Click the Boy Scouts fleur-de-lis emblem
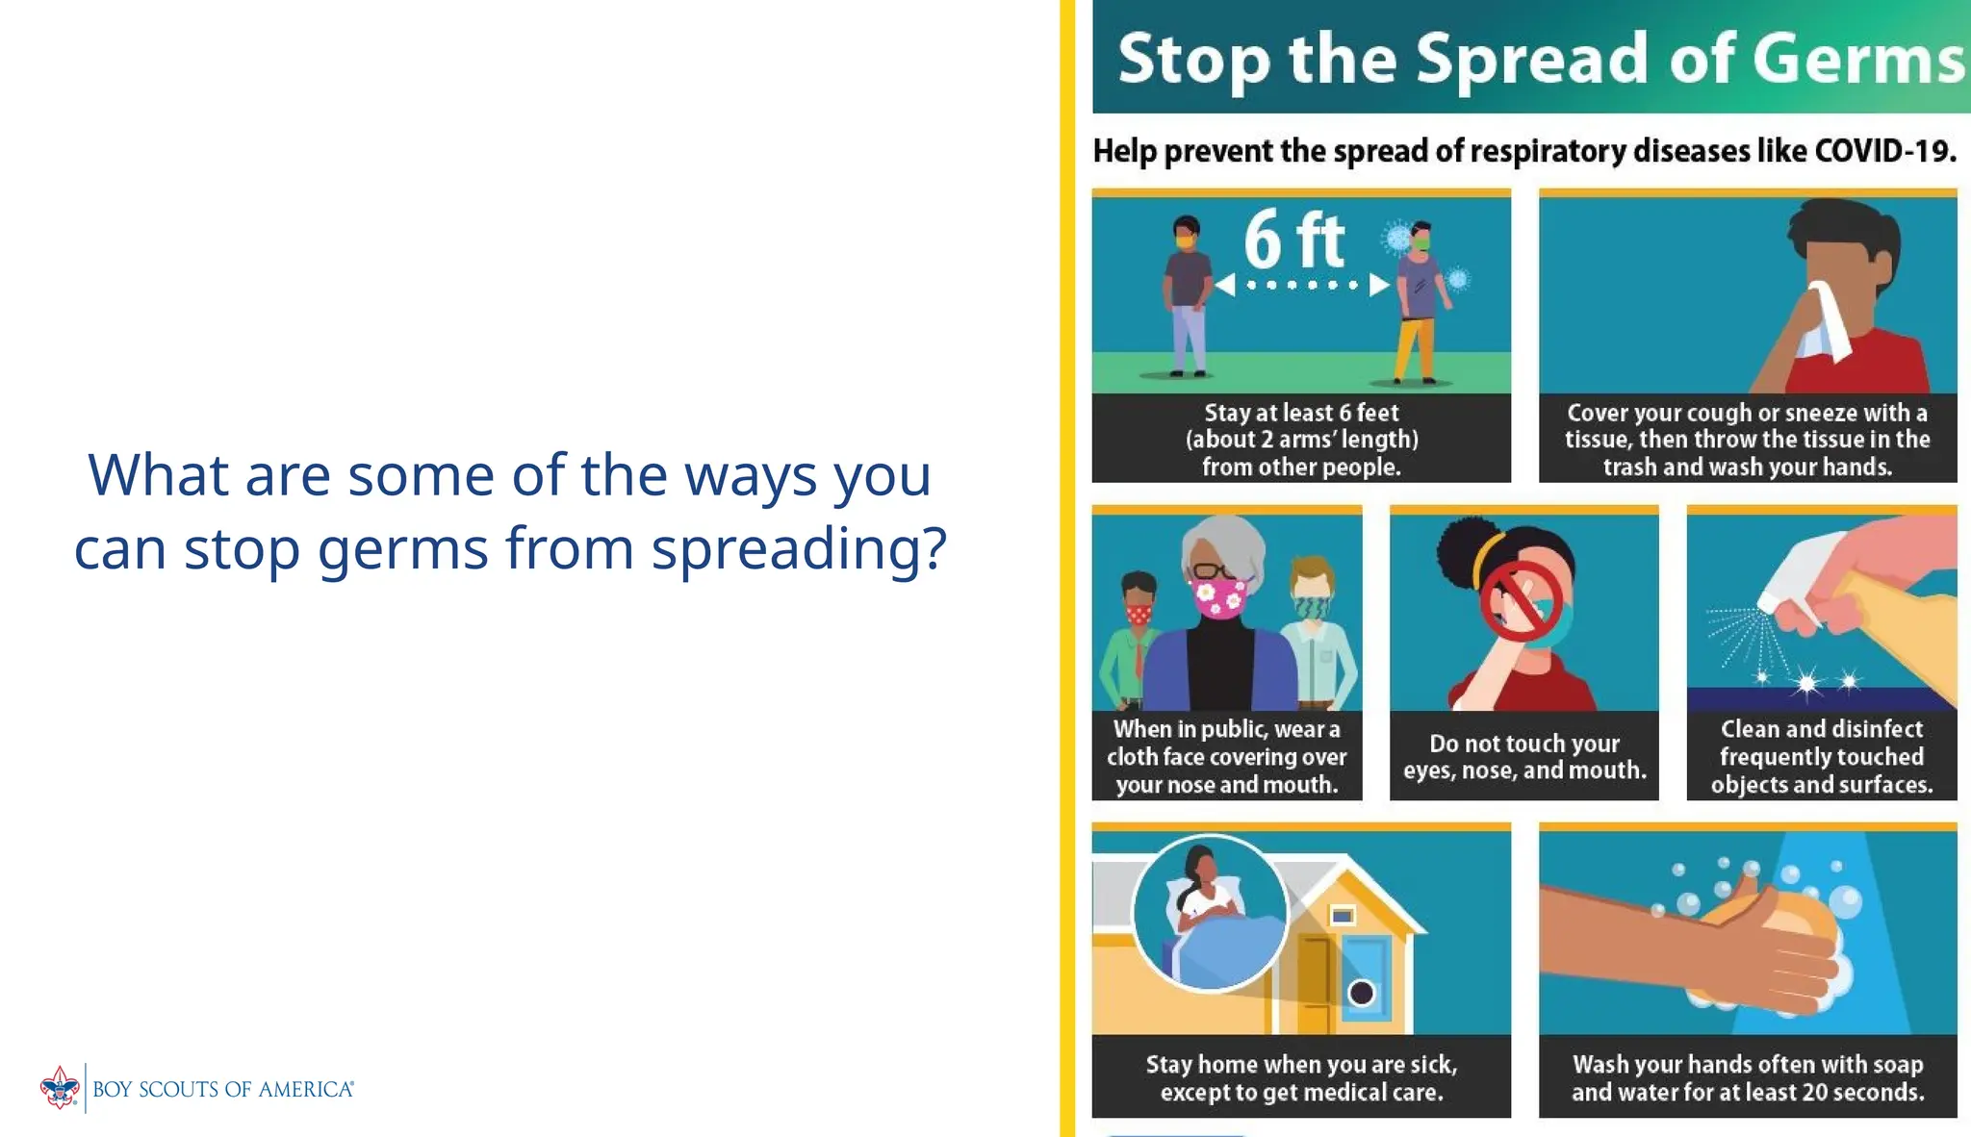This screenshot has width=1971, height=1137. (x=60, y=1088)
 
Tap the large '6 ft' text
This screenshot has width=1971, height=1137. (x=1293, y=240)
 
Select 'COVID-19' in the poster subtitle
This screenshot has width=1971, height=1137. (x=1884, y=151)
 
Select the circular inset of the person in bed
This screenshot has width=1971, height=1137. (x=1210, y=912)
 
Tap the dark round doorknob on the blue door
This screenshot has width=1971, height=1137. (x=1361, y=992)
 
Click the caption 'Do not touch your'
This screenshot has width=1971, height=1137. (x=1523, y=744)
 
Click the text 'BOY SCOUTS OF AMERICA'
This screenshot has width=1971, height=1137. (x=223, y=1089)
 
